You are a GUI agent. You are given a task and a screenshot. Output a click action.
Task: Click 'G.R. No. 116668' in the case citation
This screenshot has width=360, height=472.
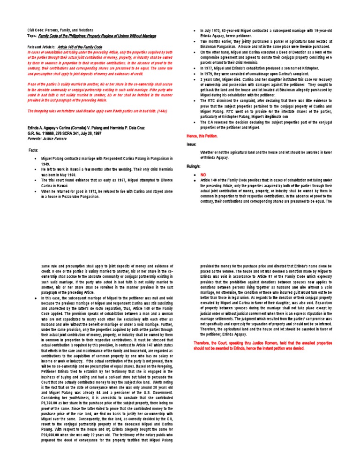45,133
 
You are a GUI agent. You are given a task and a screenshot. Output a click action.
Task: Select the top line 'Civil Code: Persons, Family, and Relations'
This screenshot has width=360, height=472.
63,30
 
